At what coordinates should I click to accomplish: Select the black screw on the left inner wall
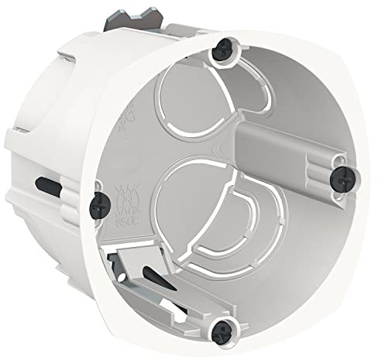(99, 202)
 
